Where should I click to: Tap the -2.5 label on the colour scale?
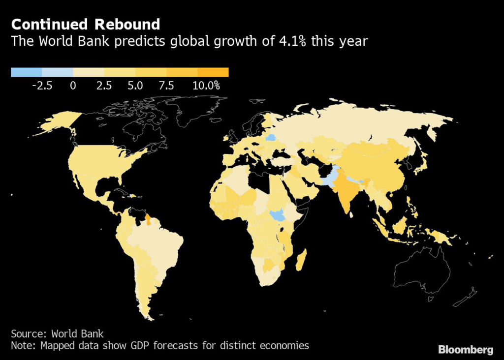pyautogui.click(x=42, y=86)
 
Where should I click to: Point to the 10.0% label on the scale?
pyautogui.click(x=206, y=86)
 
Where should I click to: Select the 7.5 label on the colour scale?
pyautogui.click(x=166, y=86)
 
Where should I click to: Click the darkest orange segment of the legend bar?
pyautogui.click(x=213, y=72)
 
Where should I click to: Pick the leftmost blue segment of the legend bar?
pyautogui.click(x=27, y=72)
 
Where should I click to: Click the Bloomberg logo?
pyautogui.click(x=466, y=349)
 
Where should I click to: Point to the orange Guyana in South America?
pyautogui.click(x=148, y=220)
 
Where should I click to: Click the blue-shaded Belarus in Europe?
pyautogui.click(x=271, y=137)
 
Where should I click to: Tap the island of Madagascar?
pyautogui.click(x=301, y=260)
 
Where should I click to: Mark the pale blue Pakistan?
pyautogui.click(x=329, y=179)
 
